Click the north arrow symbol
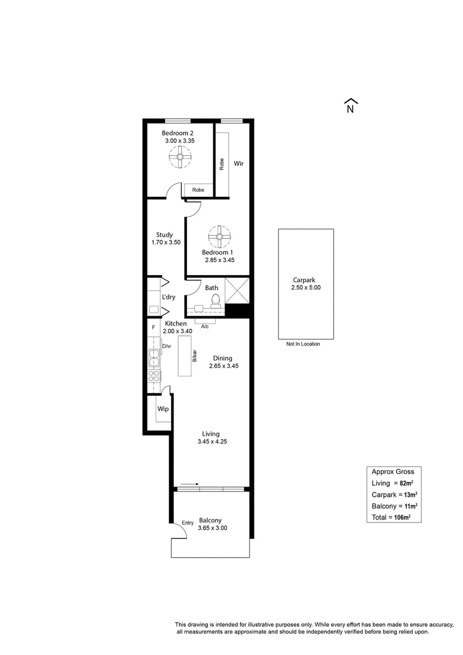coord(351,105)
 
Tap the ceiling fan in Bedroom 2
coord(180,157)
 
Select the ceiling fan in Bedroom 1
coord(219,237)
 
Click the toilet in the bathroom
coord(215,301)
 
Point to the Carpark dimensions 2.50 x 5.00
coord(306,287)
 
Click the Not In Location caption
coord(303,344)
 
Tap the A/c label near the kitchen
coord(204,326)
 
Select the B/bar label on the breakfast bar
coord(194,356)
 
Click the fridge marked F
coord(153,328)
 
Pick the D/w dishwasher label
coord(167,346)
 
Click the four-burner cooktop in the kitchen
coord(154,375)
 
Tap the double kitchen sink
coord(153,357)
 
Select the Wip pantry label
coord(163,408)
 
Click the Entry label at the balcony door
coord(188,522)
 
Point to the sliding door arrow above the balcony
coord(190,484)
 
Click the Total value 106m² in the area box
coord(402,517)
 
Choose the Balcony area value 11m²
coord(411,506)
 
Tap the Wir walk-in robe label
coord(238,163)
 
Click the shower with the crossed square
coord(237,290)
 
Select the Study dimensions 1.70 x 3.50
coord(166,242)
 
